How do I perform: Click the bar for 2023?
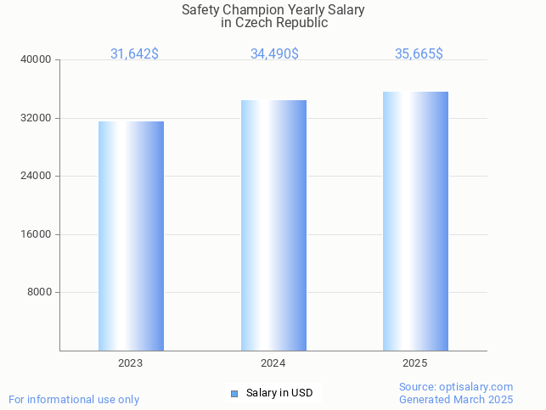tap(131, 236)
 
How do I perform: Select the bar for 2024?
tap(273, 225)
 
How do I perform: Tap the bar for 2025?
tap(415, 221)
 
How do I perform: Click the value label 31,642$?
tap(134, 53)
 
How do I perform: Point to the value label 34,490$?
tap(274, 53)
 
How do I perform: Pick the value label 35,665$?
tap(419, 53)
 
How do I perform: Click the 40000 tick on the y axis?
tap(37, 60)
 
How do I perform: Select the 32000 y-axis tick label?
tap(37, 118)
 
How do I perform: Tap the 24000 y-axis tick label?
tap(37, 177)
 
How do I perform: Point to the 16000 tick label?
tap(37, 234)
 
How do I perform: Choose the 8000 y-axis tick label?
tap(40, 293)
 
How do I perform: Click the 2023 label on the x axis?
tap(131, 362)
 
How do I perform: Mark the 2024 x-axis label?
tap(273, 362)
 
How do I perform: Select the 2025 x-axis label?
tap(415, 362)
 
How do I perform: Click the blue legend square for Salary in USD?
tap(234, 393)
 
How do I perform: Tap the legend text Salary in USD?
tap(279, 393)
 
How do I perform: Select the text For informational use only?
tap(74, 399)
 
